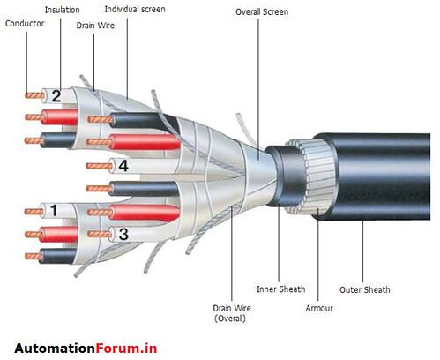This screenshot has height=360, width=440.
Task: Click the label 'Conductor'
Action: coord(24,23)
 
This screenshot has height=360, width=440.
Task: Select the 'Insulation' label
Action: coord(63,9)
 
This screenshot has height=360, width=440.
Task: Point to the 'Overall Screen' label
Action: coord(262,12)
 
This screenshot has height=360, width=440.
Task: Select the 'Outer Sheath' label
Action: coord(364,289)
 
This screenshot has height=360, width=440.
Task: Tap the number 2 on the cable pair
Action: coord(56,96)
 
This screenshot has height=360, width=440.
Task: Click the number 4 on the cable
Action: coord(123,165)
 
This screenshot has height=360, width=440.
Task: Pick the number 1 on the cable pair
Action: coord(54,210)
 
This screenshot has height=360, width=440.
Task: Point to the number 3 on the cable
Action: coord(123,234)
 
